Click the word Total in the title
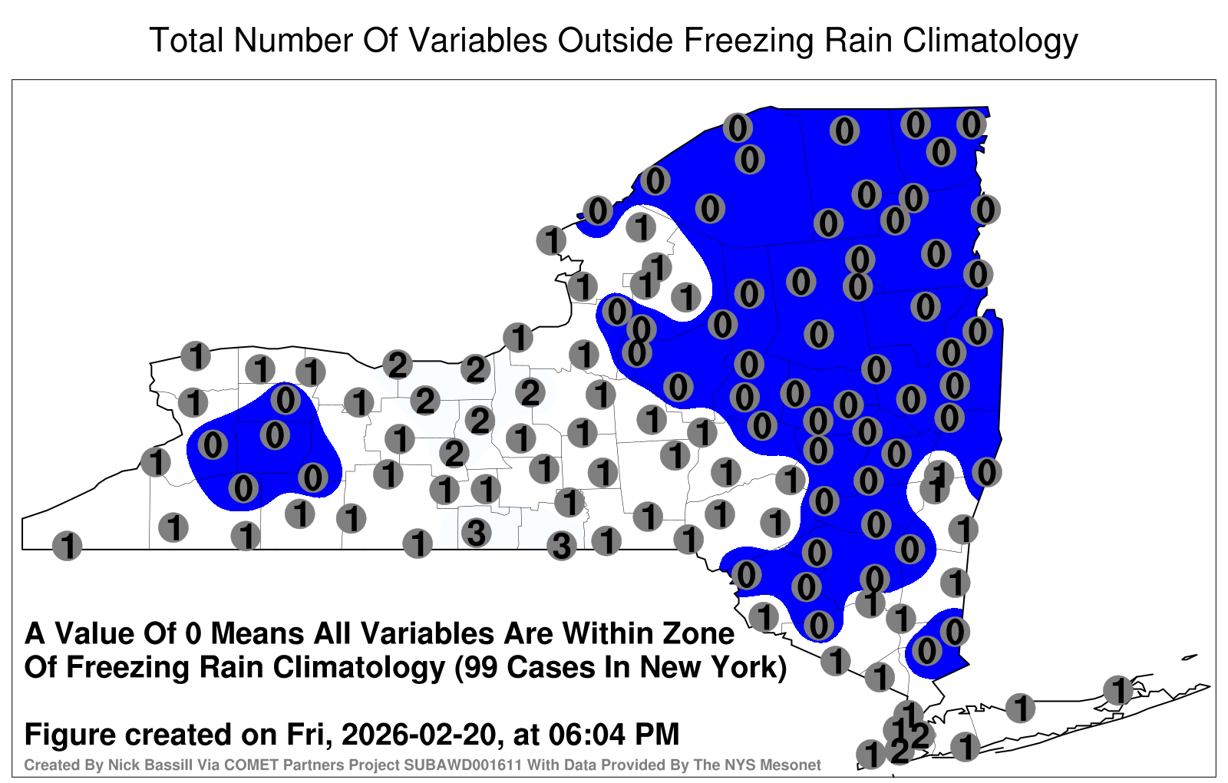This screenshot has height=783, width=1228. [187, 41]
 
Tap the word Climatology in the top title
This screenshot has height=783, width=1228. [990, 41]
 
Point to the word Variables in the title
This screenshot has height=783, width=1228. [477, 41]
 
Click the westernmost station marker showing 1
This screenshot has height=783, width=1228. [67, 546]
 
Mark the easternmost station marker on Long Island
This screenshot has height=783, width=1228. [1118, 690]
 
